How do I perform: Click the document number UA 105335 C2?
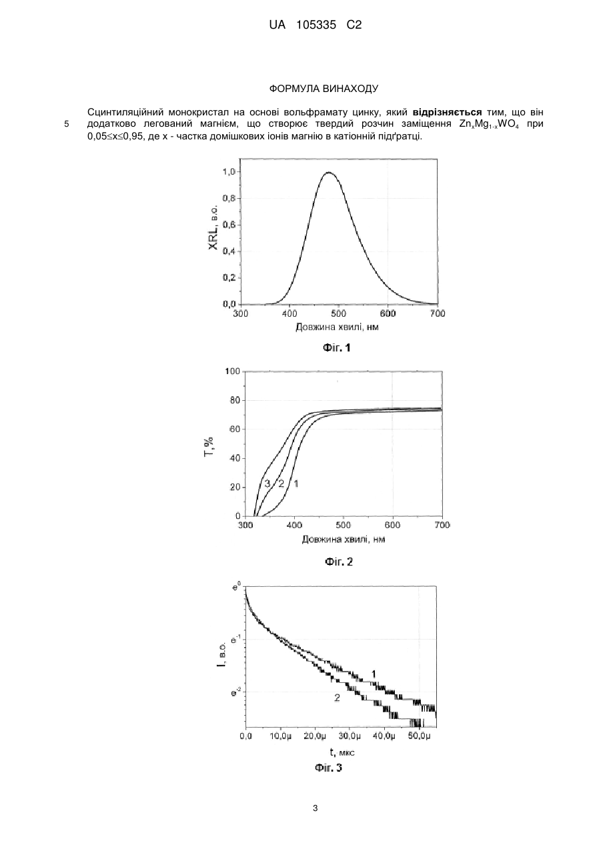[x=316, y=25]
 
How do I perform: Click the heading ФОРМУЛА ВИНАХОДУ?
[x=324, y=89]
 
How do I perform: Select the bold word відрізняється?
[x=447, y=112]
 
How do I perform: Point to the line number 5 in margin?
[x=67, y=124]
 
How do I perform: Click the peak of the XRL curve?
[x=328, y=173]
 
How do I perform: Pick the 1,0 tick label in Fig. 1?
[x=229, y=171]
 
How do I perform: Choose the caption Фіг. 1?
[x=336, y=347]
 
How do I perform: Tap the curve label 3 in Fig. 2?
[x=267, y=484]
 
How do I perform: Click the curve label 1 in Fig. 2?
[x=296, y=484]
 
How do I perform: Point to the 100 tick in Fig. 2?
[x=233, y=371]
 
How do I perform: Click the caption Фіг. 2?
[x=339, y=562]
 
